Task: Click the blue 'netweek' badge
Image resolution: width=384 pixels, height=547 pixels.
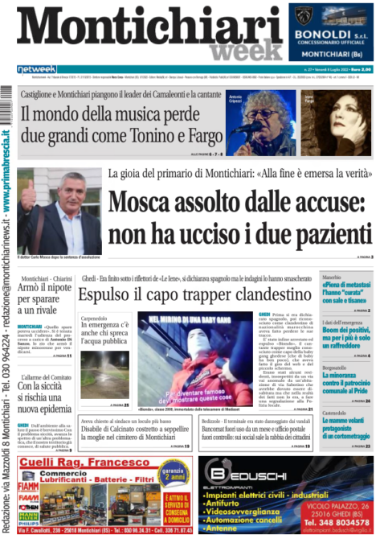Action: click(x=36, y=69)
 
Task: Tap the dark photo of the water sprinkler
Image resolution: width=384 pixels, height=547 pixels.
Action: click(x=104, y=374)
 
